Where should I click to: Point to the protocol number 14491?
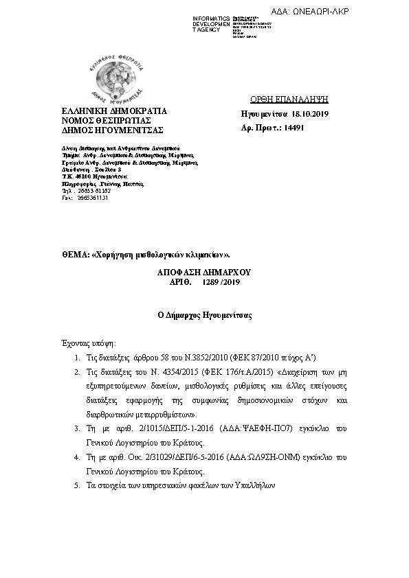tap(294, 127)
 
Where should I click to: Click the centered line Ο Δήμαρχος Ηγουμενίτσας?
tap(204, 316)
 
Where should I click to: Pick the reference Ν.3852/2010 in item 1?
tap(206, 358)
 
